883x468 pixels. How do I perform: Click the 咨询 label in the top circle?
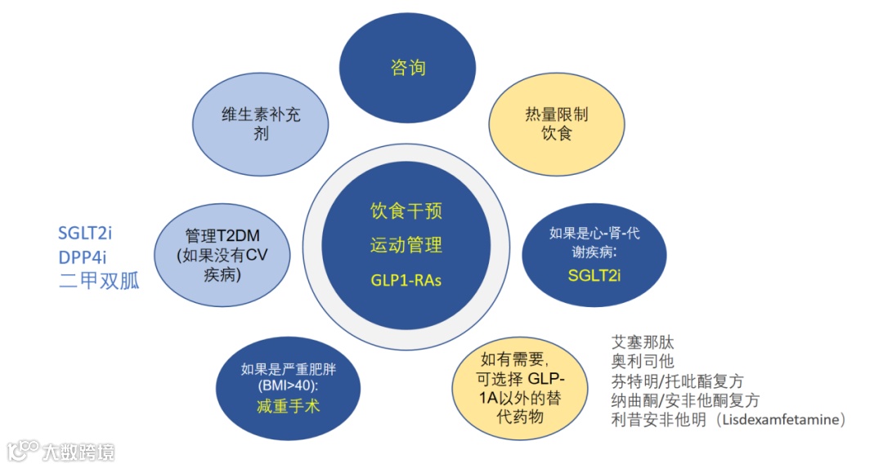click(407, 67)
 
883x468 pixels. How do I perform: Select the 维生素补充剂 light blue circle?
click(261, 123)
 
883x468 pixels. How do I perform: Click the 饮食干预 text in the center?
click(406, 212)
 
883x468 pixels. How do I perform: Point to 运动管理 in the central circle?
click(406, 245)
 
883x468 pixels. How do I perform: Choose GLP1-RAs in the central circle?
click(406, 279)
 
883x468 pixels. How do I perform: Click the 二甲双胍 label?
click(99, 281)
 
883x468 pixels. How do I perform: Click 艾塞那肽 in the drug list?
click(643, 342)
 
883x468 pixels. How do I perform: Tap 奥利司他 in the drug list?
click(643, 361)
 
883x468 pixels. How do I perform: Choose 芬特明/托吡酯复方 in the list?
click(678, 381)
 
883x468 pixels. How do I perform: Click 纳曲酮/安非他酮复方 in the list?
click(685, 400)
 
